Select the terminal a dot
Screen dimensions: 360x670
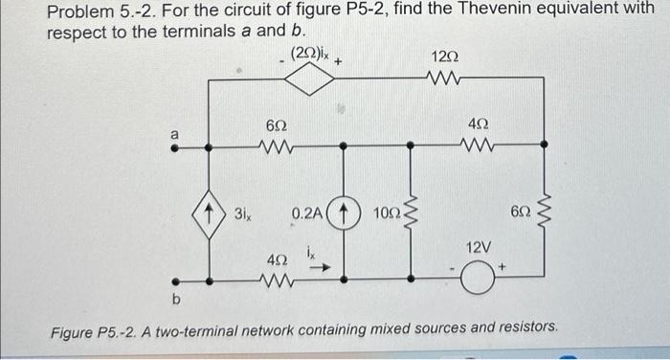click(x=176, y=147)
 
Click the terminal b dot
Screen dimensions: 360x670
click(x=176, y=281)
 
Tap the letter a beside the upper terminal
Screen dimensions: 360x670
click(x=174, y=134)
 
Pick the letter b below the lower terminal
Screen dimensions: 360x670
click(x=175, y=302)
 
